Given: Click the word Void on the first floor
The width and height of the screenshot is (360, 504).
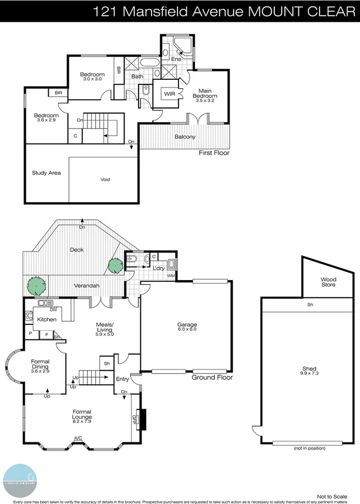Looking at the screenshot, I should coord(105,180).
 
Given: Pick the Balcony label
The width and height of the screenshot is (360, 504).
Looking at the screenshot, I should coord(185,137).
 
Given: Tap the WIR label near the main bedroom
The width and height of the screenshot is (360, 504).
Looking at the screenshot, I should coord(170,93).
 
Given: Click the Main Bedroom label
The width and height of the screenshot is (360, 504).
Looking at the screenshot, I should coord(205,93).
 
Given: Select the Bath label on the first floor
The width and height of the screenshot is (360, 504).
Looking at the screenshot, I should coord(137,76).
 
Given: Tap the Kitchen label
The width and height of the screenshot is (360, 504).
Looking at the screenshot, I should coord(46,319).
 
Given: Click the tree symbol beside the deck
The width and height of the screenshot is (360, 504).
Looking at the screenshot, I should coord(115,264).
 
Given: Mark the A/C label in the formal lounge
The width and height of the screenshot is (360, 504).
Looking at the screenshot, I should coord(78,438).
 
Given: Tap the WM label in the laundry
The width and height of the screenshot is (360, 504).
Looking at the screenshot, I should coord(171,275).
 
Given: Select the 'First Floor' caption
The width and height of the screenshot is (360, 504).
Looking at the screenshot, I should coord(214,153).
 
